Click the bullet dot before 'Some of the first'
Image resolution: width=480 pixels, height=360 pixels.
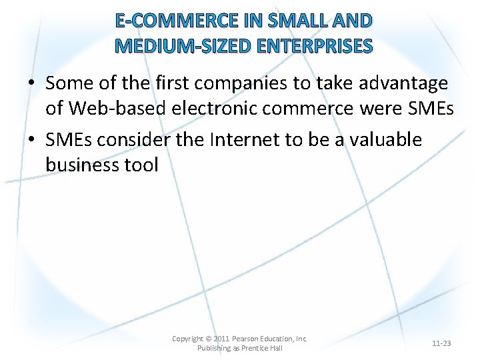click(32, 84)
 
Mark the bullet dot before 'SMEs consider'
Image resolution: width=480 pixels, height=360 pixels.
click(32, 141)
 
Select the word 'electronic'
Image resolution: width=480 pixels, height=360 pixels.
click(221, 108)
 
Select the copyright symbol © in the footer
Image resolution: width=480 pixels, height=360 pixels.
click(209, 339)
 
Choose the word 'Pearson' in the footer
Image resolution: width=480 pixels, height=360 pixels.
click(250, 339)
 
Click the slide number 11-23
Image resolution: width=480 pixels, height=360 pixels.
click(441, 343)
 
